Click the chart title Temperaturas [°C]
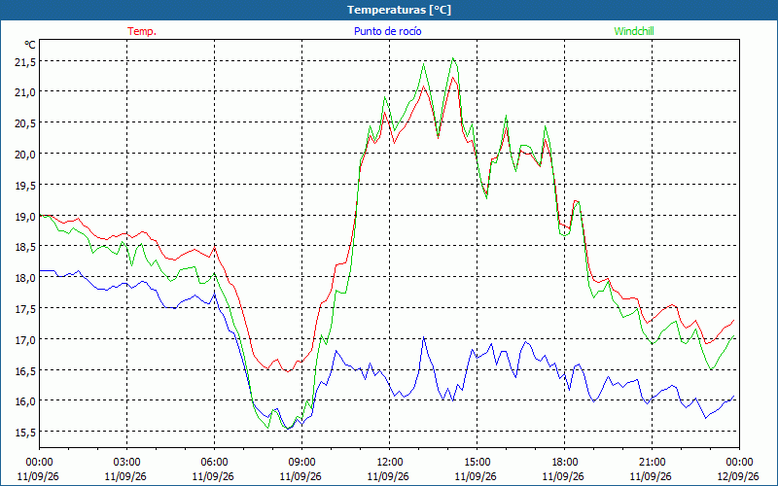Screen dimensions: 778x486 [x=399, y=10]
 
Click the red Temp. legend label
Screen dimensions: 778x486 [x=142, y=31]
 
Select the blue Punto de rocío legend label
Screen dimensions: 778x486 [x=387, y=31]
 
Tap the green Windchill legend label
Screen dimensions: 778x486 [x=634, y=31]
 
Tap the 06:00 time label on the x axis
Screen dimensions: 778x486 [x=214, y=463]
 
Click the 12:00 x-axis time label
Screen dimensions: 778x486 [x=390, y=463]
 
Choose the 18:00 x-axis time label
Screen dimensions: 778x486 [x=565, y=463]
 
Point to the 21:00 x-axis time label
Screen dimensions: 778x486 [x=652, y=463]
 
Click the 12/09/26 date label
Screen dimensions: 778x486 [x=738, y=476]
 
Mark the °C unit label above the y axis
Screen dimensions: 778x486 [x=30, y=45]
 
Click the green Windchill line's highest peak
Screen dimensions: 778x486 [x=453, y=58]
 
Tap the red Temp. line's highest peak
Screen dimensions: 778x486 [x=453, y=78]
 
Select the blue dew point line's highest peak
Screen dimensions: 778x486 [x=423, y=337]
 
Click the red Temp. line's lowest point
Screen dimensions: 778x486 [x=287, y=371]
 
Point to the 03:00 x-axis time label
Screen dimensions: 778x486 [x=127, y=463]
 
